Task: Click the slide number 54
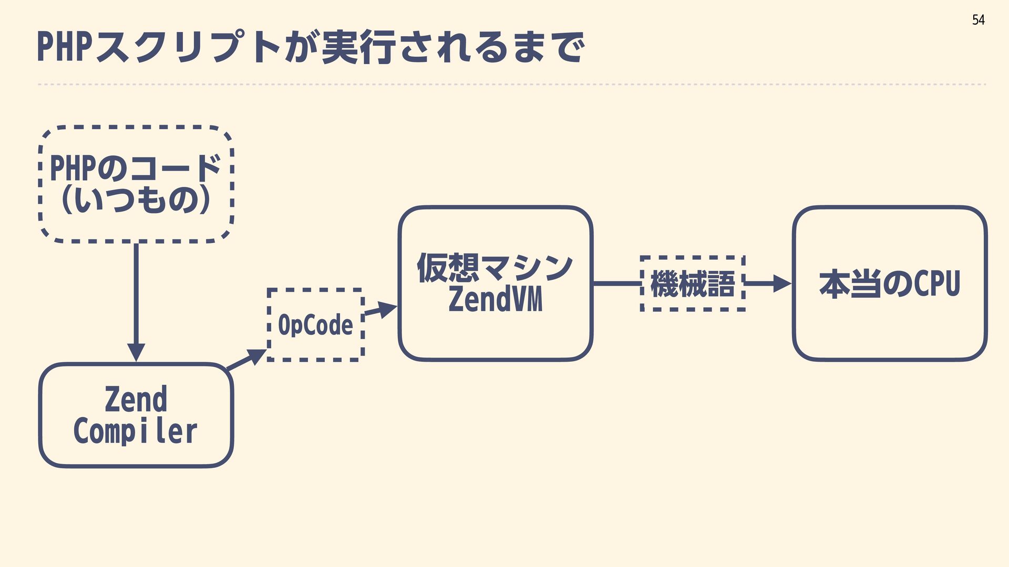(978, 20)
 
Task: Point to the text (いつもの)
(136, 200)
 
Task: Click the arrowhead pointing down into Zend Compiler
(136, 352)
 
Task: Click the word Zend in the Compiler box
(136, 400)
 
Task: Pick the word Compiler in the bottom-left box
(136, 432)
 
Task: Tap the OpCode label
(315, 325)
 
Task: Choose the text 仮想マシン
(495, 268)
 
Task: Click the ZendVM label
(495, 300)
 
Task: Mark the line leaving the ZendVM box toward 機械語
(616, 283)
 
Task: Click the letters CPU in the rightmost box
(937, 283)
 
